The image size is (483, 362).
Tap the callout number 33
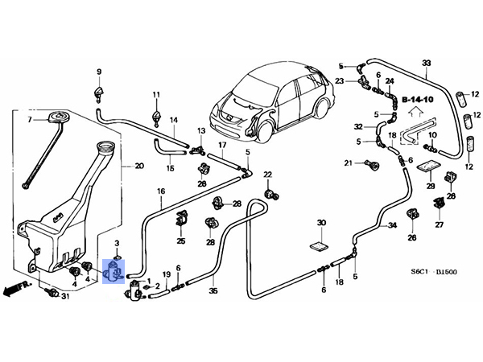pos(427,64)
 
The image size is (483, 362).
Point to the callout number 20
pos(139,167)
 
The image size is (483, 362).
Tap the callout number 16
pos(161,191)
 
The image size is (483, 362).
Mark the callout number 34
pos(392,225)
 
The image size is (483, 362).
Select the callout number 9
pos(100,72)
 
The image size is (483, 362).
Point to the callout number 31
pos(66,298)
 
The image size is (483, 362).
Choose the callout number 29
pos(430,186)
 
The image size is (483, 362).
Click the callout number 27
pos(440,225)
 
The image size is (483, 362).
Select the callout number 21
pos(349,163)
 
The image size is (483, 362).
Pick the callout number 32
pos(358,126)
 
